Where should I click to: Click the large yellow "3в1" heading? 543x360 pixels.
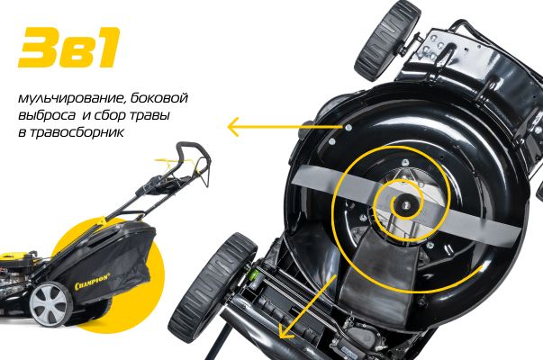(x=69, y=47)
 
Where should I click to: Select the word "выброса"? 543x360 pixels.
(x=47, y=115)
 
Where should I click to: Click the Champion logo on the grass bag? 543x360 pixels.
(x=92, y=281)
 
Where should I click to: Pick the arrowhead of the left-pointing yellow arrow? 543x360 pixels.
(x=232, y=127)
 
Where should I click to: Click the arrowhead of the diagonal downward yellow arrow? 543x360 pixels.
(x=286, y=333)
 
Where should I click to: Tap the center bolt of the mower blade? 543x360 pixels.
(x=405, y=205)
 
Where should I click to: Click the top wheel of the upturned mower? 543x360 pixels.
(x=387, y=40)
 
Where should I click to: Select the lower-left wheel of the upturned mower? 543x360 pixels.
(x=213, y=288)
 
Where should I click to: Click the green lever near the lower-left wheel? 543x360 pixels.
(x=254, y=276)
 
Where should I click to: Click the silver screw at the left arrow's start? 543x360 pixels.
(x=348, y=128)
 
